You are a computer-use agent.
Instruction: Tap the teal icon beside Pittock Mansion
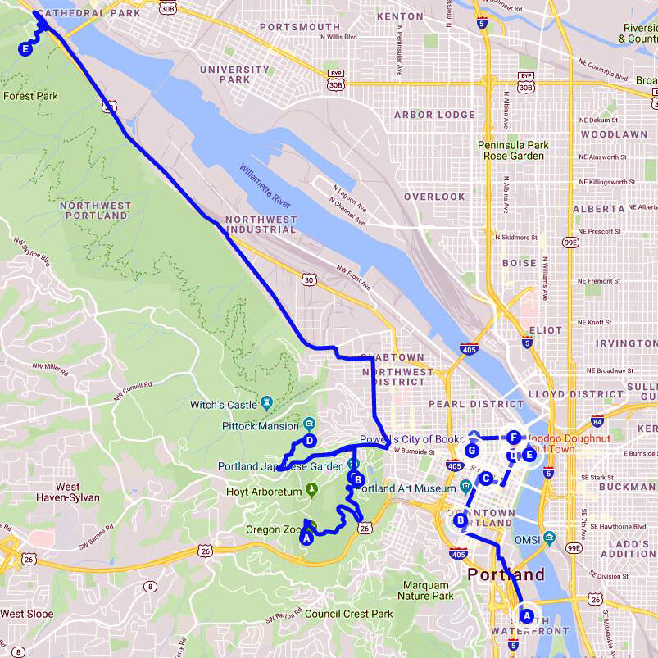click(x=309, y=424)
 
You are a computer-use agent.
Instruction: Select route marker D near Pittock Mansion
click(x=310, y=441)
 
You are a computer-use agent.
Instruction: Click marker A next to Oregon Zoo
click(x=306, y=538)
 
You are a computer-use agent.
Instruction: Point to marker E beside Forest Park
click(x=25, y=49)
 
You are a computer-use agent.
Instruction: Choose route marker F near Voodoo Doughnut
click(x=514, y=437)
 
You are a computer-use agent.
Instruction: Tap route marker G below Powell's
click(x=472, y=450)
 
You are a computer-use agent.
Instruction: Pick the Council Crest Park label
click(x=349, y=614)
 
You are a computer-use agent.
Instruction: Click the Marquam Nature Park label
click(x=426, y=591)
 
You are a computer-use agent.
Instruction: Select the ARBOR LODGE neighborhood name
click(x=434, y=115)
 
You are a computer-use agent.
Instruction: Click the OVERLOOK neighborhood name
click(x=434, y=197)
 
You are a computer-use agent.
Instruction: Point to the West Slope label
click(x=26, y=614)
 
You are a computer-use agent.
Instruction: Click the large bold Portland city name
click(x=506, y=574)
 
